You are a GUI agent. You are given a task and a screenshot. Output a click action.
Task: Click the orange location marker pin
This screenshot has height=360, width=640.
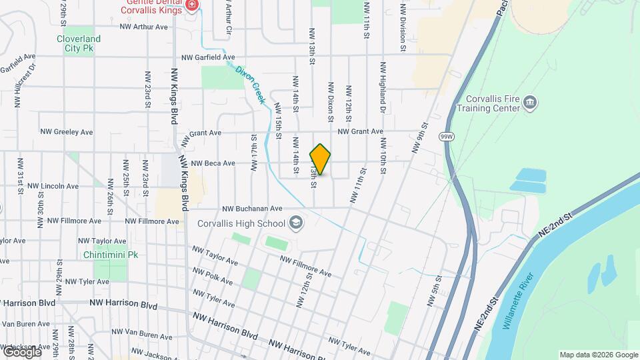(x=320, y=159)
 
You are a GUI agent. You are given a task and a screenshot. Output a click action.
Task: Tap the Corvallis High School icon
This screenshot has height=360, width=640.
(x=295, y=223)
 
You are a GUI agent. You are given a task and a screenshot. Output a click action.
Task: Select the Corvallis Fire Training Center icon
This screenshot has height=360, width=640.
(x=531, y=102)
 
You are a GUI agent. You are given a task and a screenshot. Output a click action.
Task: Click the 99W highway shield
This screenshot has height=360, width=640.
(x=447, y=136)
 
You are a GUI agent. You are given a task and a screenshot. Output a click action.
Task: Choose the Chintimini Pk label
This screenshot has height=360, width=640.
(x=111, y=255)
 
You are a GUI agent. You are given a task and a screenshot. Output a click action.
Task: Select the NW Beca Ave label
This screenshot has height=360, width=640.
(x=213, y=163)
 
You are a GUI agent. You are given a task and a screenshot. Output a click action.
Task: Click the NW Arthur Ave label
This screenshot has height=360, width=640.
(x=144, y=27)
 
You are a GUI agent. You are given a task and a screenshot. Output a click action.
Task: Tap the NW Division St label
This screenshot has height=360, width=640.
(x=403, y=28)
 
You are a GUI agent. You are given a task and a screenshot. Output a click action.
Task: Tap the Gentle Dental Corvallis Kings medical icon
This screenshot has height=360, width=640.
(x=193, y=5)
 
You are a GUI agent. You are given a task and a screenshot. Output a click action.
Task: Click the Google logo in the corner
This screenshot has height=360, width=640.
(x=21, y=351)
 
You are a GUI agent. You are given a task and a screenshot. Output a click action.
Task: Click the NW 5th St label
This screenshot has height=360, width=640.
(x=434, y=292)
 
